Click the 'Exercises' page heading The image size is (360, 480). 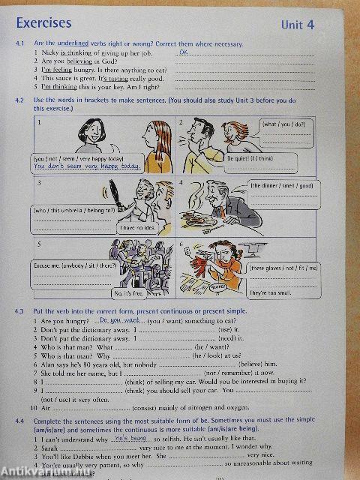click(x=44, y=24)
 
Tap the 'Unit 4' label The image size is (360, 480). click(x=297, y=25)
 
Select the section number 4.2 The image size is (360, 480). click(x=20, y=100)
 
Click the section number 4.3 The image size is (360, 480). click(x=20, y=310)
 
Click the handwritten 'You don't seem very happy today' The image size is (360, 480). click(x=88, y=166)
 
